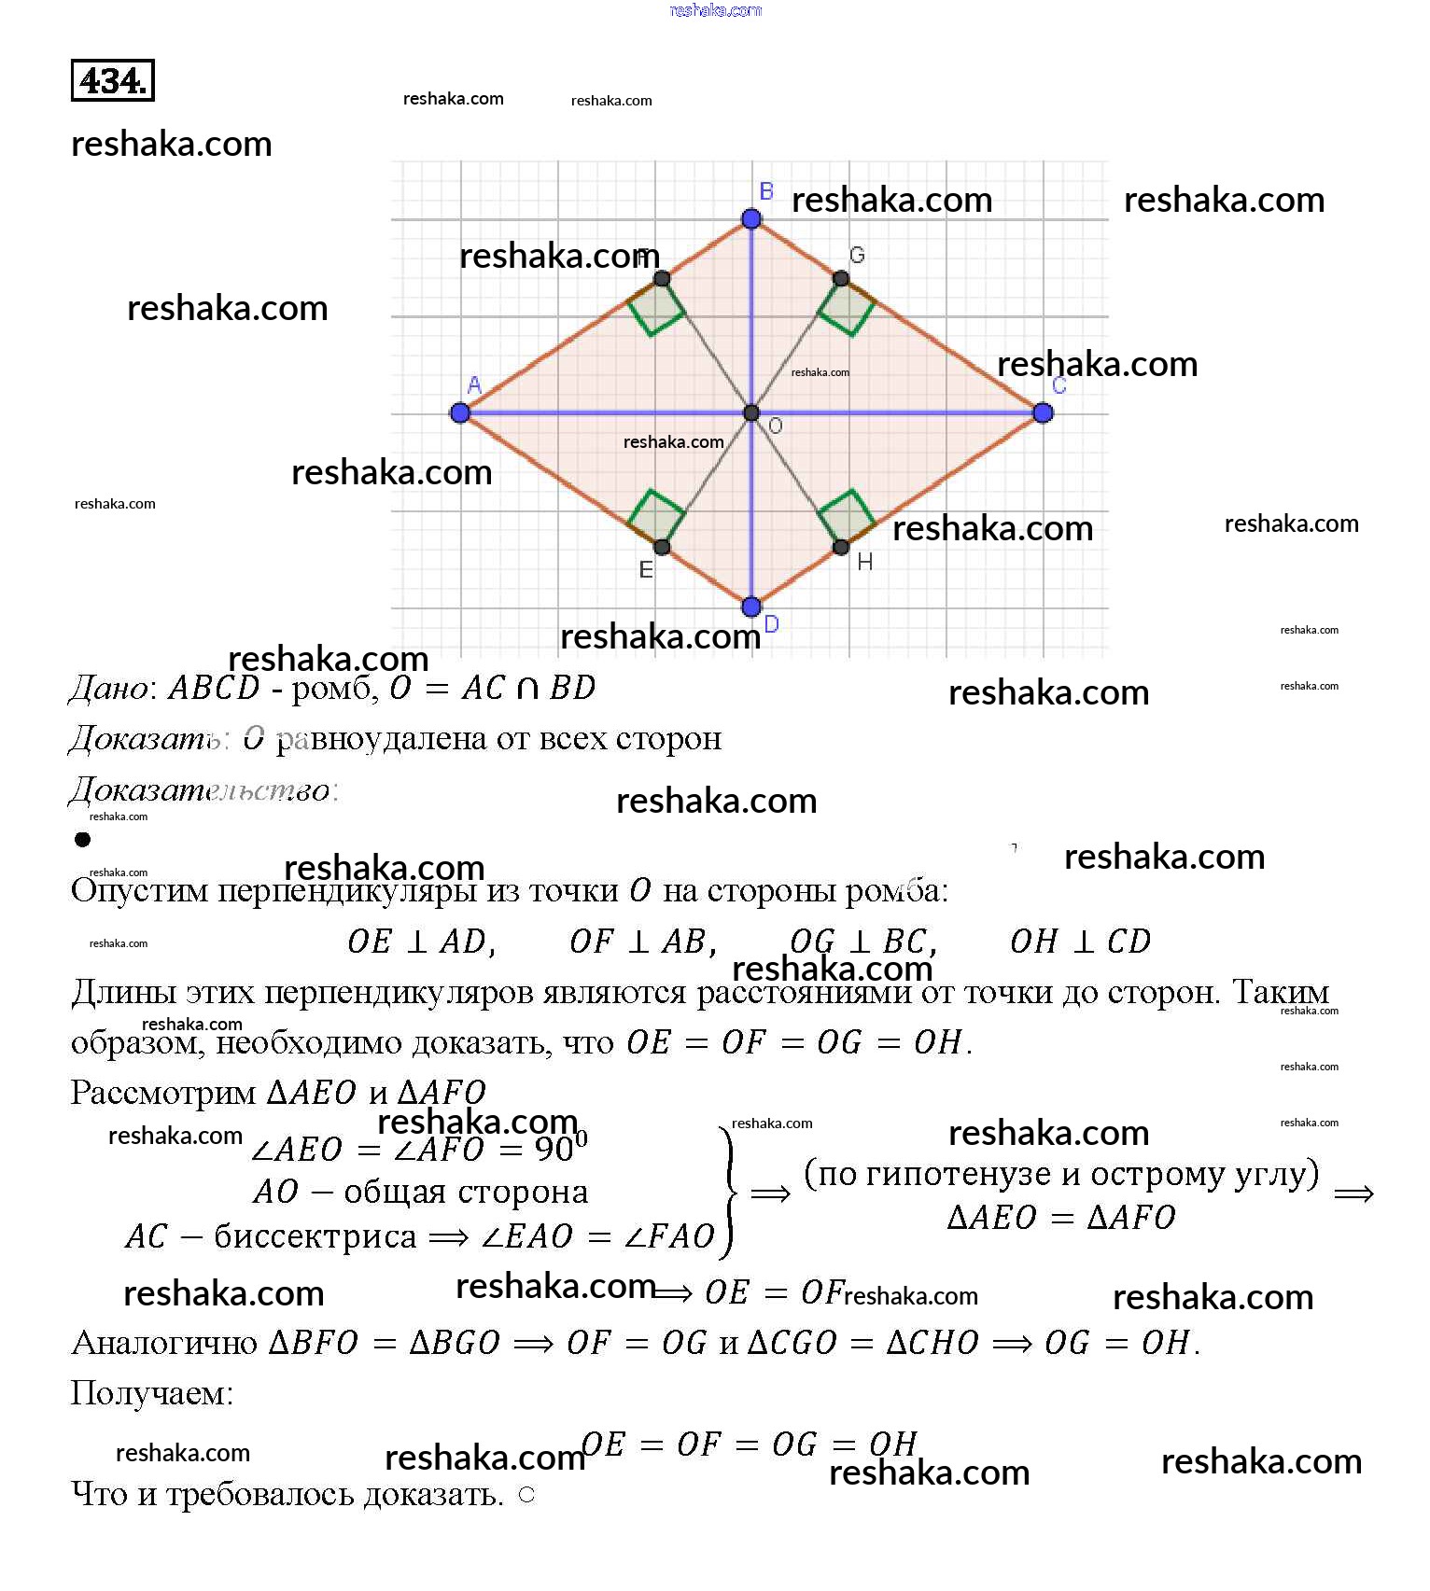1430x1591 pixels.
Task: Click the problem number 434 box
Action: (x=113, y=80)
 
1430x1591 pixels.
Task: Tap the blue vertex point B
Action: (x=751, y=218)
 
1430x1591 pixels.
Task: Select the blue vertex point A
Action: (x=459, y=412)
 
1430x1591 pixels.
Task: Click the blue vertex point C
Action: (x=1043, y=412)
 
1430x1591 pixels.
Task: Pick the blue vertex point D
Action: (x=751, y=607)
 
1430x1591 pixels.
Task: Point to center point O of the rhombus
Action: (x=751, y=412)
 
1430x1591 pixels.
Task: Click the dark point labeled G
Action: (x=841, y=278)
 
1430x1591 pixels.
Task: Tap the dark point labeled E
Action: (x=662, y=547)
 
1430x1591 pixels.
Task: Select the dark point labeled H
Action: (x=841, y=547)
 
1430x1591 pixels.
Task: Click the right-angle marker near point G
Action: (x=848, y=308)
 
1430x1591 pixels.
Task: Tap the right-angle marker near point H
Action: (x=848, y=516)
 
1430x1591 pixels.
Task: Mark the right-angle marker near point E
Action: (x=656, y=516)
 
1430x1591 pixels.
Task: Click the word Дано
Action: (x=108, y=689)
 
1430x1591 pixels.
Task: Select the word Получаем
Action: (x=151, y=1393)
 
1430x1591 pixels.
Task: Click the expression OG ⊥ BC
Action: (x=863, y=942)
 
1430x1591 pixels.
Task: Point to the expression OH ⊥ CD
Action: (x=1080, y=942)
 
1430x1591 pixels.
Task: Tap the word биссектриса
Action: (x=315, y=1236)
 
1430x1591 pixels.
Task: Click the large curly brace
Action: (x=728, y=1192)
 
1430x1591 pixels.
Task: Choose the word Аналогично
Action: (x=164, y=1343)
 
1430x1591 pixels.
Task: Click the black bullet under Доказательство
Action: (x=83, y=839)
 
